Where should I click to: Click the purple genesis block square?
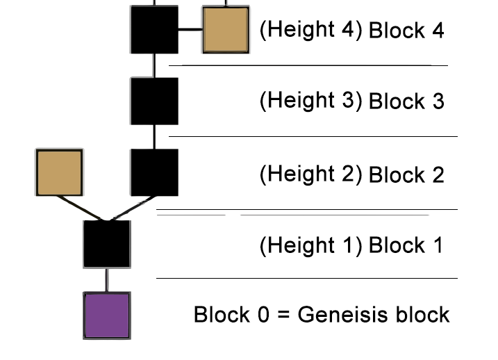[x=107, y=316]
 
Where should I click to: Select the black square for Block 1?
[x=107, y=244]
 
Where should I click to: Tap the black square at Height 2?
[x=154, y=172]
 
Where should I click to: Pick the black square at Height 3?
[x=154, y=101]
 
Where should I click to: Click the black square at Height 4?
[x=154, y=29]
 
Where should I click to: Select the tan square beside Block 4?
[x=225, y=29]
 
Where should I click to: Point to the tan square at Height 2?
[x=59, y=172]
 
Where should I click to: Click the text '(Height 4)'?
[x=310, y=30]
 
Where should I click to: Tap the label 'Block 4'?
[x=406, y=31]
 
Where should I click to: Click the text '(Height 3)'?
[x=310, y=101]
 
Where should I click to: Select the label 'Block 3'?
[x=406, y=101]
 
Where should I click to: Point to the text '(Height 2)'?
[x=310, y=173]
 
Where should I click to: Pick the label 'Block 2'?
[x=406, y=174]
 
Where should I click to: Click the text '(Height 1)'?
[x=310, y=245]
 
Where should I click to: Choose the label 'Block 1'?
[x=405, y=245]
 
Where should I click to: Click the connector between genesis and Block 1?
[x=106, y=280]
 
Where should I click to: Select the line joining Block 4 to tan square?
[x=190, y=30]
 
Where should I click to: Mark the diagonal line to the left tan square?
[x=81, y=208]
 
